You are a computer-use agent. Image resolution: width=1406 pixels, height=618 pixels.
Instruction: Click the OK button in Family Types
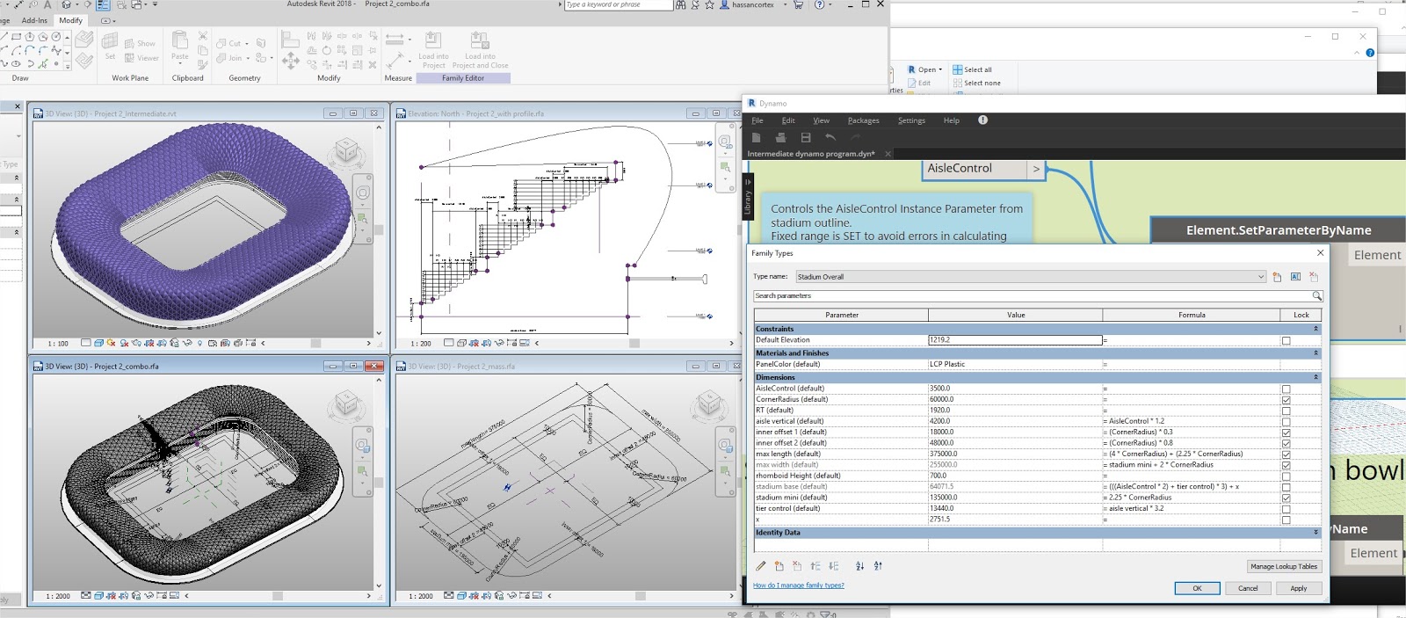[x=1197, y=588]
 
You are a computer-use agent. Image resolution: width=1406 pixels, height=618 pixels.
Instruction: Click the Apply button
[x=1298, y=588]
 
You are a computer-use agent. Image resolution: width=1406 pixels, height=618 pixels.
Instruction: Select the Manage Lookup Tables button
[x=1284, y=566]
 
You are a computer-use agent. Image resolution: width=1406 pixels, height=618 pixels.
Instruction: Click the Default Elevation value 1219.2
[x=1014, y=340]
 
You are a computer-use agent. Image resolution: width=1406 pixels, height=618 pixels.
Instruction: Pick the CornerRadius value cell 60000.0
[x=1014, y=399]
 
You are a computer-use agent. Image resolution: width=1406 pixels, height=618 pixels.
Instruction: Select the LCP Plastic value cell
[x=1014, y=364]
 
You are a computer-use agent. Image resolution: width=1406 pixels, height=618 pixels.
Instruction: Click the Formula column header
[x=1192, y=315]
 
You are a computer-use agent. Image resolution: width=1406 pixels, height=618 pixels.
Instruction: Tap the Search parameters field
[x=1033, y=296]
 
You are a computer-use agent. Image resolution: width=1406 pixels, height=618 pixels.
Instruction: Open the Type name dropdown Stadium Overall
[x=1030, y=277]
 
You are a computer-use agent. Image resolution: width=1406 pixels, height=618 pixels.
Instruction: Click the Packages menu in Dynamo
[x=863, y=120]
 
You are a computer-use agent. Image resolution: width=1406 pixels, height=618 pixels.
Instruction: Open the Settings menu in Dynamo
[x=911, y=120]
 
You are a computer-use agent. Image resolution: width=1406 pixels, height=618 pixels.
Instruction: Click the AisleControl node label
[x=959, y=168]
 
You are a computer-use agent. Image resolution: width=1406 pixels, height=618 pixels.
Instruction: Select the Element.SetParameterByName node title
[x=1278, y=230]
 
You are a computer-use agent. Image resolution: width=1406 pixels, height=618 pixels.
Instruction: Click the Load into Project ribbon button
[x=433, y=49]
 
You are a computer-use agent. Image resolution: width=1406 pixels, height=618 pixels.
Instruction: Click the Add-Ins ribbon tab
[x=34, y=20]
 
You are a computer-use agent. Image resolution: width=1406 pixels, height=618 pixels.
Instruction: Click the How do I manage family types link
[x=798, y=585]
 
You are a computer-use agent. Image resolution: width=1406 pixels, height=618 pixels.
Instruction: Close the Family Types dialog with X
[x=1320, y=253]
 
